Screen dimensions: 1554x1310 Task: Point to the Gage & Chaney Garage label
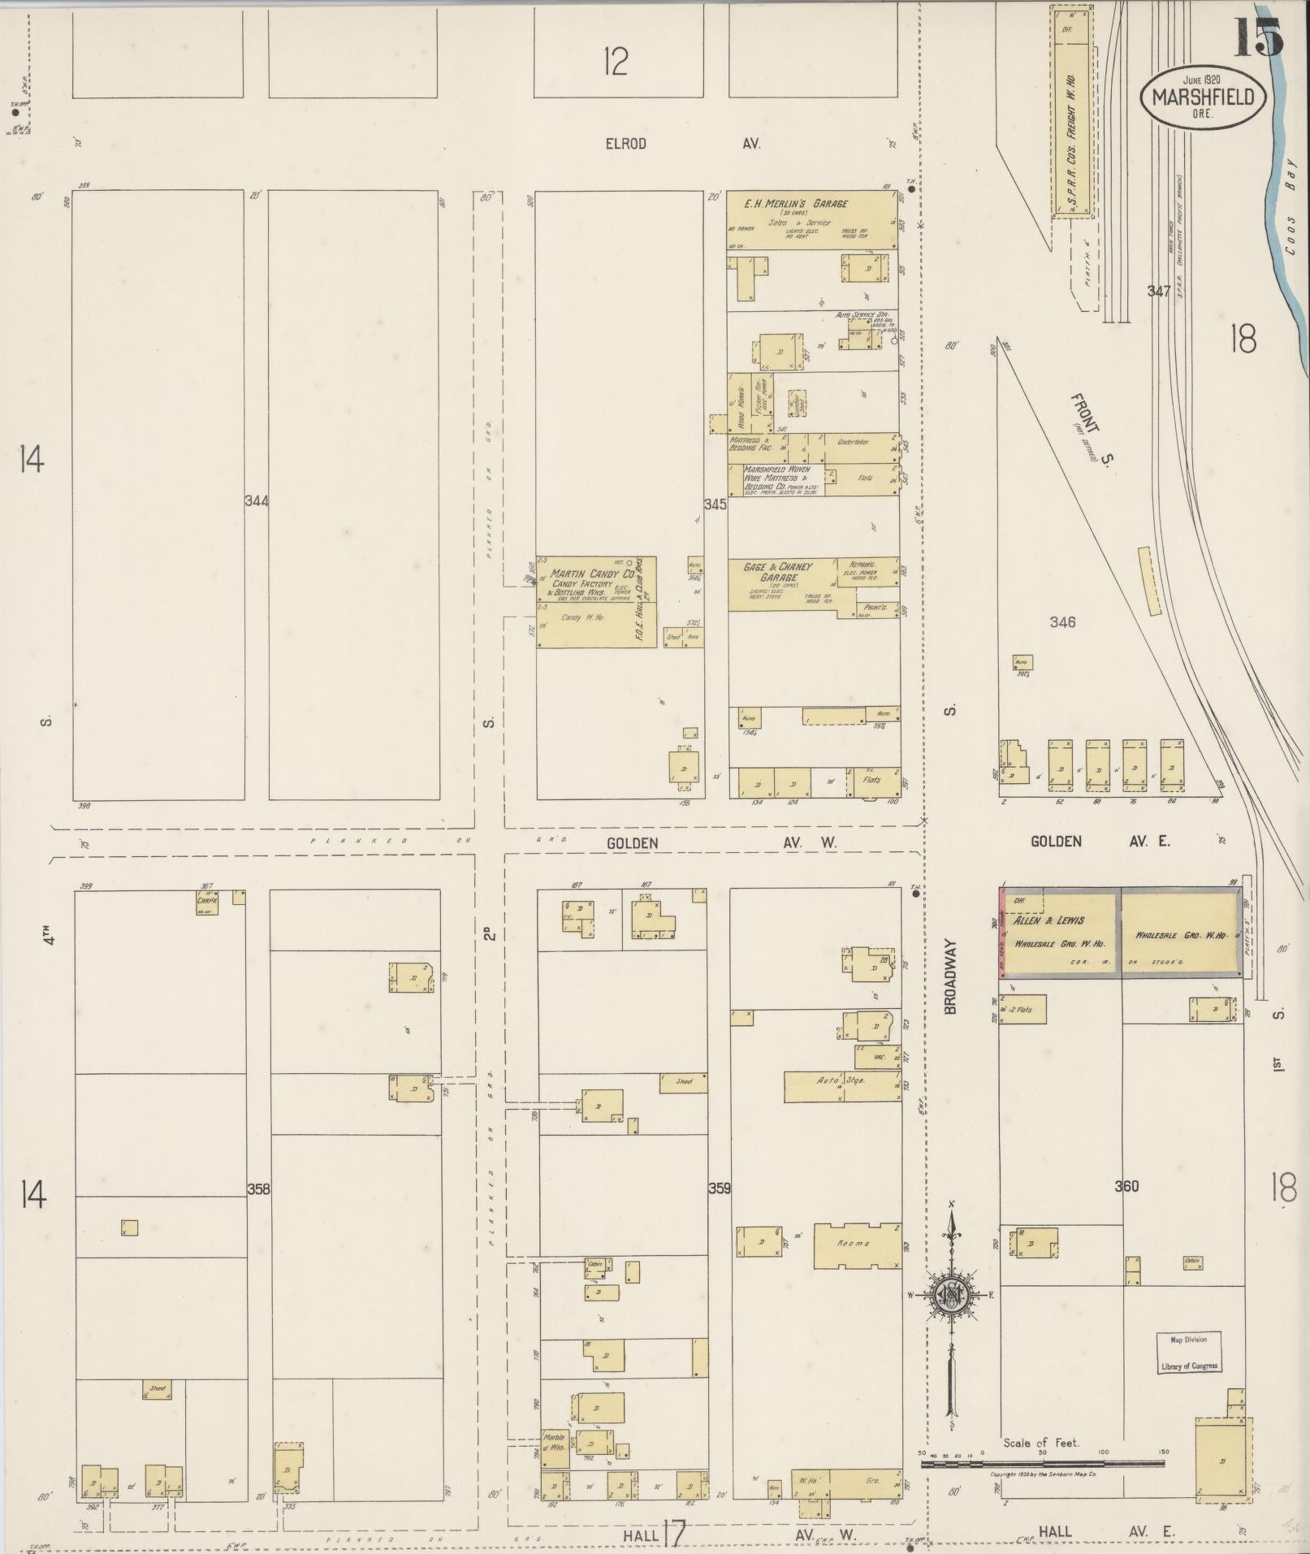[x=777, y=571]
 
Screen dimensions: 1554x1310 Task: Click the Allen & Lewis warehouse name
[x=1048, y=920]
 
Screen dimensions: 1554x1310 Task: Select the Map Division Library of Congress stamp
[x=1189, y=1353]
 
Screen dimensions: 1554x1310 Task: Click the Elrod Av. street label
[x=682, y=144]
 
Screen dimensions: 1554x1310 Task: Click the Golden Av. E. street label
[x=1100, y=842]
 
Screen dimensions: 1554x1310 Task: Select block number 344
[x=257, y=501]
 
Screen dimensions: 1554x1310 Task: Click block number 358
[x=258, y=1189]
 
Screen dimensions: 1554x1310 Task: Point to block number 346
[x=1062, y=622]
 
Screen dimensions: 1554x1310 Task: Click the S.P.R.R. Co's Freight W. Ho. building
[x=1071, y=114]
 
